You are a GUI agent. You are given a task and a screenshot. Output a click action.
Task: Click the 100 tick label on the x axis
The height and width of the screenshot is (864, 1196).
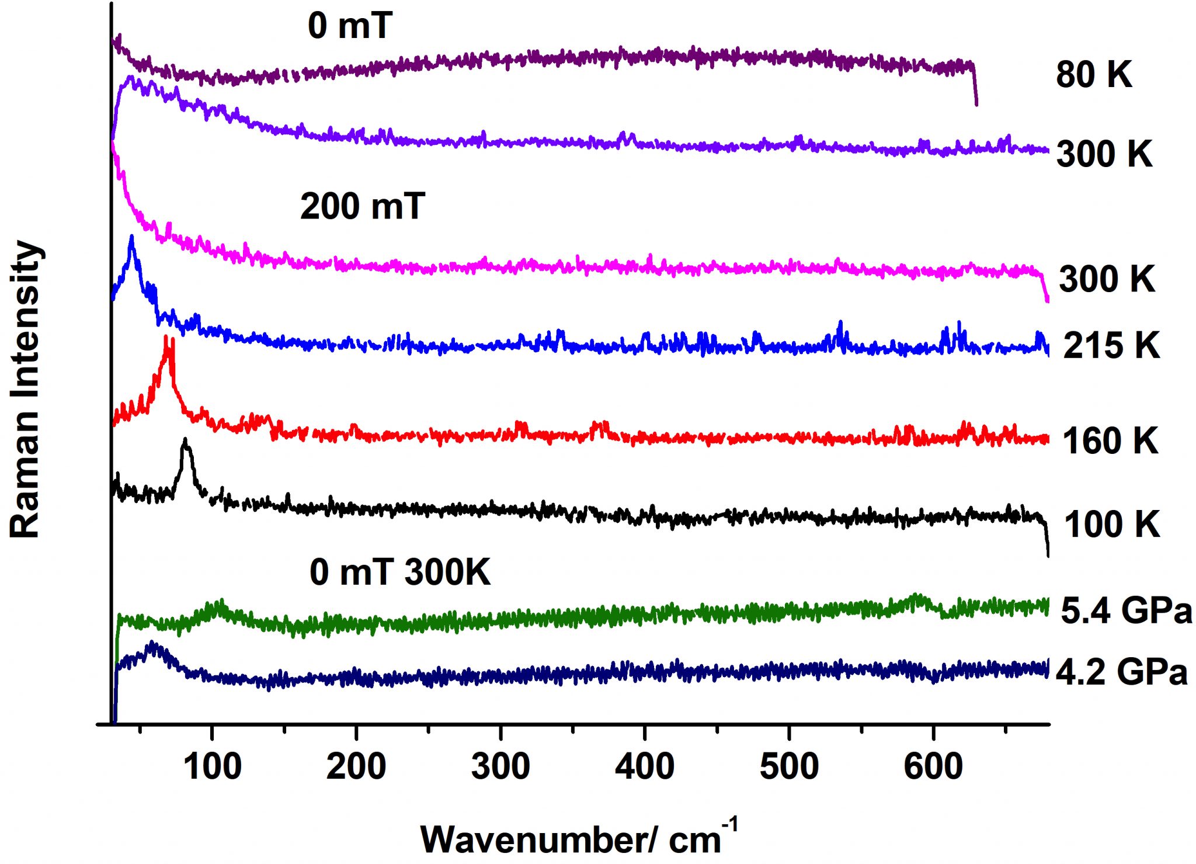tap(212, 766)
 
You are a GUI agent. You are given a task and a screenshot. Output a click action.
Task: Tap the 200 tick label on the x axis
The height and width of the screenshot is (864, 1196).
tap(356, 766)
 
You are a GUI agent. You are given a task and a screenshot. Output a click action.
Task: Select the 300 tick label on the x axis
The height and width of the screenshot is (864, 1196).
tap(500, 766)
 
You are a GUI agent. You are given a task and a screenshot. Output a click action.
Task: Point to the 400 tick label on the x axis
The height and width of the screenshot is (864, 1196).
tap(645, 766)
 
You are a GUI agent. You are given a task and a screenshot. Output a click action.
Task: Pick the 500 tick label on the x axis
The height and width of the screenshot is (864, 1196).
tap(789, 766)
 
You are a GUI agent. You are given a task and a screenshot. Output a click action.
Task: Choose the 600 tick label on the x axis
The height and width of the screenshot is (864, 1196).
tap(933, 766)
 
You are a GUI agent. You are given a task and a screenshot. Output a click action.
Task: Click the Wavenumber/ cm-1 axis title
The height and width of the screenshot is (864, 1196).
tap(578, 838)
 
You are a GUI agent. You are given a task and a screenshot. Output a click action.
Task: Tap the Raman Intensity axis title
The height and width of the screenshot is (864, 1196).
tap(26, 388)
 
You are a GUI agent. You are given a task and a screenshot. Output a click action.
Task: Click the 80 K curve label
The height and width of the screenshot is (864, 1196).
tap(1094, 75)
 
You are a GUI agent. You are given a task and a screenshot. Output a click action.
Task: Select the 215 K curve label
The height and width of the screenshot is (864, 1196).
tap(1111, 345)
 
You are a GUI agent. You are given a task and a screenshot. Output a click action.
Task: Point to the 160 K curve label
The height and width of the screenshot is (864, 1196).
tap(1110, 440)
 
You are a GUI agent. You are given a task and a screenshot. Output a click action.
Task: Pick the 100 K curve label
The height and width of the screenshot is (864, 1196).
tap(1111, 524)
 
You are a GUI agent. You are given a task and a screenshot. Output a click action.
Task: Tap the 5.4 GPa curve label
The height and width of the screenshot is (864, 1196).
tap(1126, 611)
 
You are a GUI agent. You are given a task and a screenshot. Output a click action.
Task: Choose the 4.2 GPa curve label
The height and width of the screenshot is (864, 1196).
tap(1122, 672)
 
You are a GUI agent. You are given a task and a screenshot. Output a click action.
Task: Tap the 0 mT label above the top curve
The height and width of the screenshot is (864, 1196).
tap(349, 26)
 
